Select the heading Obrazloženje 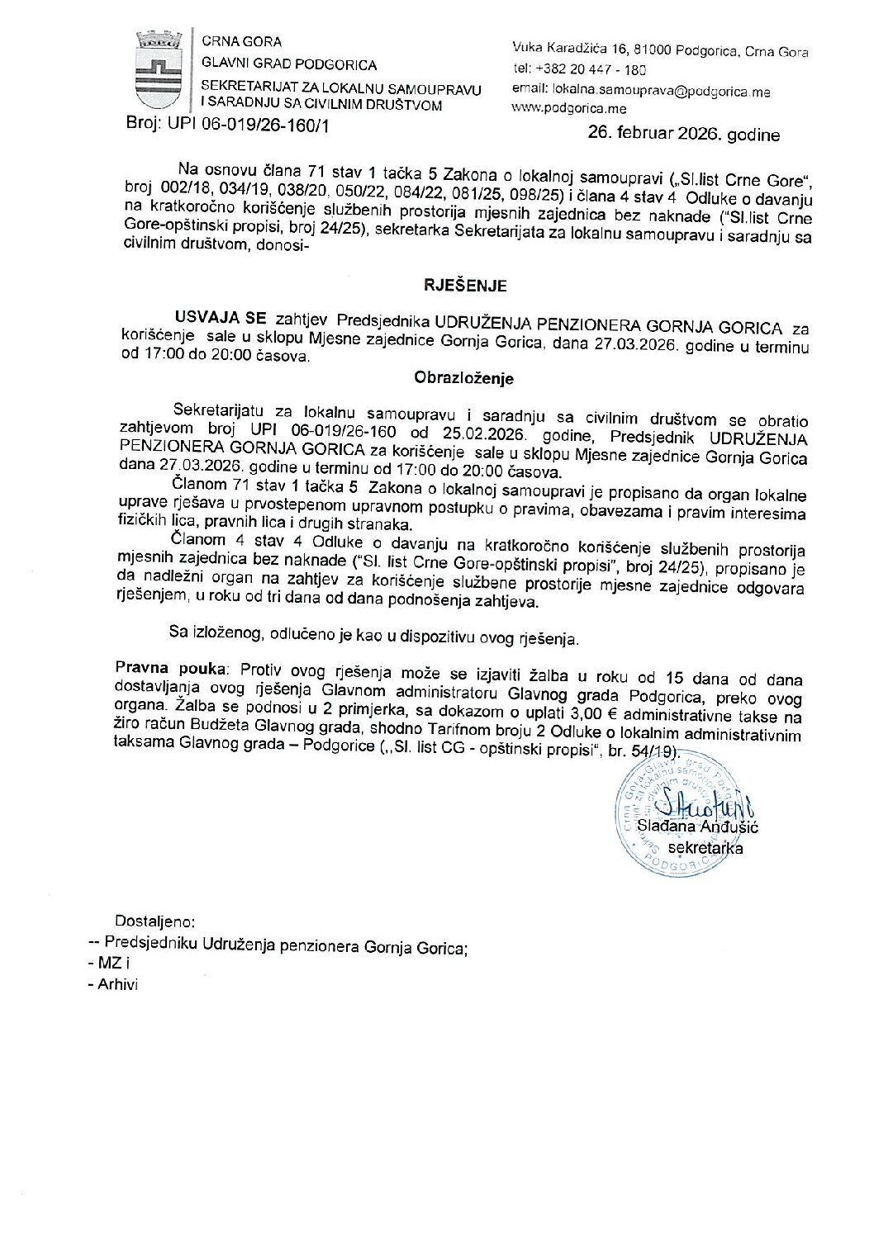pos(463,379)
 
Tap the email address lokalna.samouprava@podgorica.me pos(642,92)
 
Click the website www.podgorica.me pos(569,108)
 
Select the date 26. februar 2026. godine pos(683,134)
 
